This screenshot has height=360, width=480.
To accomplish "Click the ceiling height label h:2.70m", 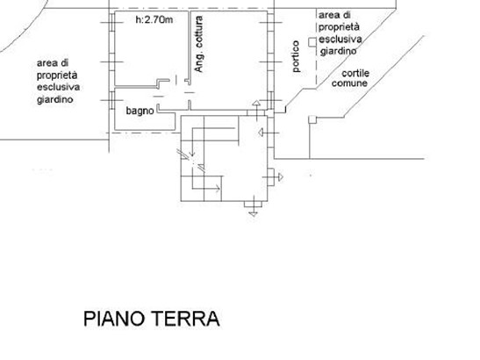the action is tap(154, 19).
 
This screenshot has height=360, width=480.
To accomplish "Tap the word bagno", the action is tap(140, 111).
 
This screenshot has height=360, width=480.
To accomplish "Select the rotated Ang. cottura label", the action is tap(198, 44).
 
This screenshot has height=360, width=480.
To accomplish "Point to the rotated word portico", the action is tap(296, 56).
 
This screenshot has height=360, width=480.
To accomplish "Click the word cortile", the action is tap(355, 73).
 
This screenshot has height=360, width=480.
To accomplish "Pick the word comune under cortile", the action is tap(349, 83).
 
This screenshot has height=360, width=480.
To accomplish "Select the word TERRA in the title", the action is tap(186, 319).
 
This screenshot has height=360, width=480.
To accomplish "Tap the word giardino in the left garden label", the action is tap(55, 99).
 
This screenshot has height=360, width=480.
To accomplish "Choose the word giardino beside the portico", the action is tap(338, 51).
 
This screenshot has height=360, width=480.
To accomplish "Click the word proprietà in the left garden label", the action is tap(57, 76).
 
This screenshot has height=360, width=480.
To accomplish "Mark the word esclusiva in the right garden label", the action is tap(340, 39).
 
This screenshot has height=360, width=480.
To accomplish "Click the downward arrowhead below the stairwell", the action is tap(254, 214).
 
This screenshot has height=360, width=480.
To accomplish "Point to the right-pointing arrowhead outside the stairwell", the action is tap(281, 177).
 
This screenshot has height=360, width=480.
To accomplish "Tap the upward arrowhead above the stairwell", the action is tap(256, 103).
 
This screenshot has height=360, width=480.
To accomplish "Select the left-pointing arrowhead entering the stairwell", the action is tap(261, 133).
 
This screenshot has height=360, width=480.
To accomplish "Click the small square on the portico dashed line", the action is tap(312, 42).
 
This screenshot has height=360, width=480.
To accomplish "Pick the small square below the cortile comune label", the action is tap(312, 119).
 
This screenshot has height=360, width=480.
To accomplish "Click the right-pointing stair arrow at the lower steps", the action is tap(206, 188).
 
